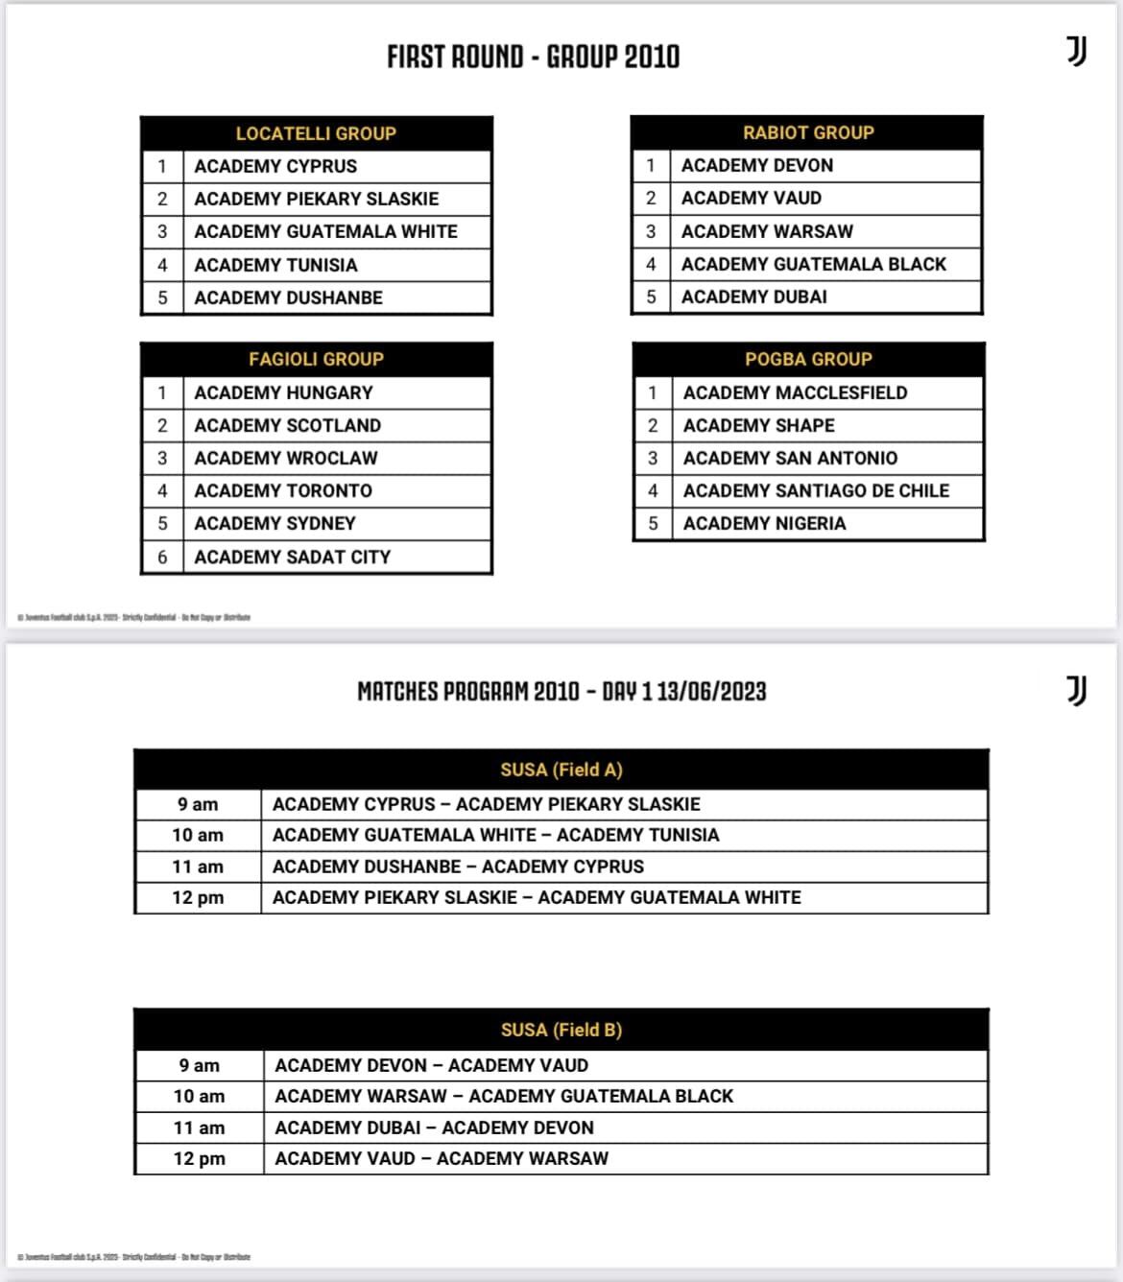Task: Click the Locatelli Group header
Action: (316, 133)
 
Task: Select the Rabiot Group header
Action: (808, 132)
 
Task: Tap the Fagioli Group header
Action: (316, 359)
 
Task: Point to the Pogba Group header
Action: (808, 359)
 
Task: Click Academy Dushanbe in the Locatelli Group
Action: (288, 297)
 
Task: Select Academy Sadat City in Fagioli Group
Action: (292, 557)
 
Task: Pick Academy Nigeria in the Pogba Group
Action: (764, 523)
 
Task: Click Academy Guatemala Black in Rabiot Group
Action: (813, 264)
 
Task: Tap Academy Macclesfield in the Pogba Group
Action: (795, 392)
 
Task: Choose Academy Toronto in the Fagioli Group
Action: (283, 490)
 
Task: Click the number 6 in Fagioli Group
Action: (162, 557)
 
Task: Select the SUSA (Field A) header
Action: (561, 770)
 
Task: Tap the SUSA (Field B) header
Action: (561, 1030)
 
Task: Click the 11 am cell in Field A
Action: (198, 867)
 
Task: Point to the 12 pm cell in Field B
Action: (199, 1158)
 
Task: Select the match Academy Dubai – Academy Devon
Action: (434, 1128)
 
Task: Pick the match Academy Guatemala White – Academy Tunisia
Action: (495, 835)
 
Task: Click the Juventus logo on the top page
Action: (1077, 51)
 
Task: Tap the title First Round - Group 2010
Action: (534, 57)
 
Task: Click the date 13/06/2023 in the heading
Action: (711, 691)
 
